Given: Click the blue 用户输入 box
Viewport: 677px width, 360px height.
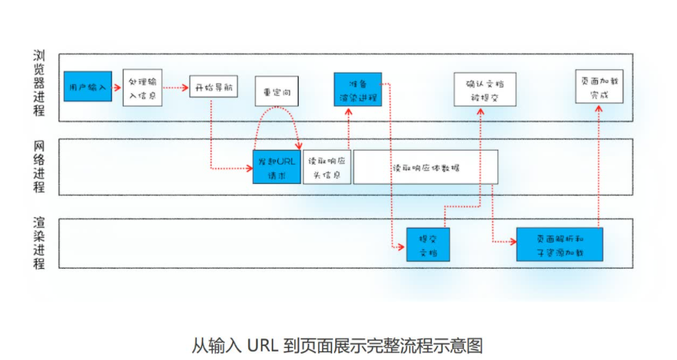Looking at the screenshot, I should (87, 86).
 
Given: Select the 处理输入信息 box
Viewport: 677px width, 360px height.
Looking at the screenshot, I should (142, 88).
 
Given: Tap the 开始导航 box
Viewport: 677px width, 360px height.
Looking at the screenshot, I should (213, 86).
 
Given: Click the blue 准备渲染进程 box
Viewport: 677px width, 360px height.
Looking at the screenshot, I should (357, 89).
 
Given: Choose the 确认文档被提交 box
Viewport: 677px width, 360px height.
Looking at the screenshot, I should (485, 89).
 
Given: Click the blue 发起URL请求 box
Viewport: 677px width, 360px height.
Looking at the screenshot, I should (277, 167).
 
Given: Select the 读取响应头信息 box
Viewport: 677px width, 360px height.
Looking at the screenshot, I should (327, 167).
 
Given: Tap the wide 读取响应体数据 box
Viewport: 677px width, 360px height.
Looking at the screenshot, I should (425, 168).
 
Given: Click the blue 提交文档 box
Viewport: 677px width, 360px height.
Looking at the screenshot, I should (428, 244).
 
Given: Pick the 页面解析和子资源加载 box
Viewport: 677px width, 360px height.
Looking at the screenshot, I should (559, 244).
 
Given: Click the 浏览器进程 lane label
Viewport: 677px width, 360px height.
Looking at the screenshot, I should (40, 83).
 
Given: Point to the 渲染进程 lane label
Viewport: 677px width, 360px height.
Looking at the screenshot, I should (40, 243).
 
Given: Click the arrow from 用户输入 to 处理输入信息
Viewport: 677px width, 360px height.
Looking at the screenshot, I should (117, 87).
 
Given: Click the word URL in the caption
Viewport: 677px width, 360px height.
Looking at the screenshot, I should (265, 346).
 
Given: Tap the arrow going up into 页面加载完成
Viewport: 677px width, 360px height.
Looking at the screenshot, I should (598, 163).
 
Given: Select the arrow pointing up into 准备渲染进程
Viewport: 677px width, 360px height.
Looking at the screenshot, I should (349, 127).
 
